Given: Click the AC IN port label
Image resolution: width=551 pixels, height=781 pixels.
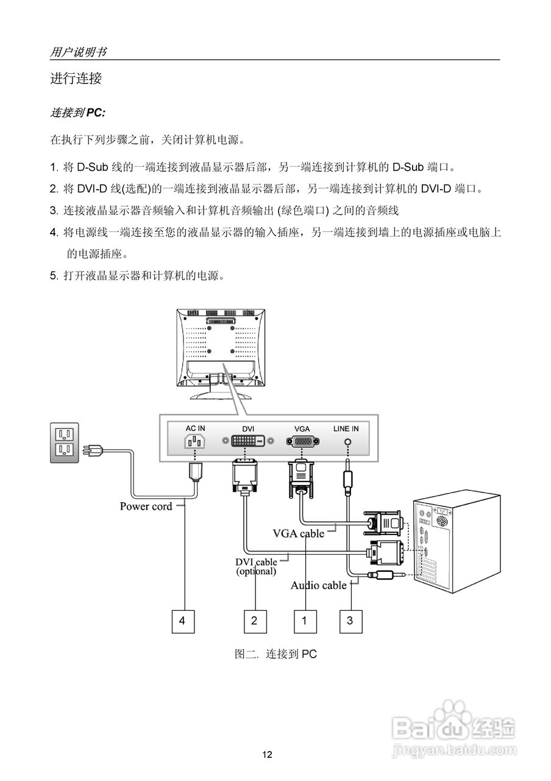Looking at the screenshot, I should tap(195, 428).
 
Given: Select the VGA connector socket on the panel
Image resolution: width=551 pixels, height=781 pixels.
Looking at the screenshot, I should tap(302, 441).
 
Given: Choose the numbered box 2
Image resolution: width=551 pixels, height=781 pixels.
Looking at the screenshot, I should tap(254, 621).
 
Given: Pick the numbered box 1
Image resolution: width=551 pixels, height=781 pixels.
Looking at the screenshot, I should tap(305, 621).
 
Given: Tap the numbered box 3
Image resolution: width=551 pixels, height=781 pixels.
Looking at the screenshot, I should tap(350, 621).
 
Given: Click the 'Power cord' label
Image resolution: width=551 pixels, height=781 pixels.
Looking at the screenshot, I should tap(146, 506).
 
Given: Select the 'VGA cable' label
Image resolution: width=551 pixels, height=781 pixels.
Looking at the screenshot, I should tap(298, 533).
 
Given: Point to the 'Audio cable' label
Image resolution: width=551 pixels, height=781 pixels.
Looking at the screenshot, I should tap(318, 585).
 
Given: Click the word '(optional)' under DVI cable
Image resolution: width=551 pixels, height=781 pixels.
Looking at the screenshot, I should tap(256, 572).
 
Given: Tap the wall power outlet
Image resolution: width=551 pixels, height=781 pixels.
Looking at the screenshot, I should tap(64, 442).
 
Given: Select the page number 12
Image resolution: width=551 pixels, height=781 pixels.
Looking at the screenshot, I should tap(267, 755).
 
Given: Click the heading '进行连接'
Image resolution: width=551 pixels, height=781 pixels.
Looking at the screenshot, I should tap(76, 79).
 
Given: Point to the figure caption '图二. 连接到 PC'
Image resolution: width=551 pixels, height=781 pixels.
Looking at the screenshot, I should tap(275, 654).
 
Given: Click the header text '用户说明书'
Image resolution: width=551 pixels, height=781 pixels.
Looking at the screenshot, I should tap(78, 52).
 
